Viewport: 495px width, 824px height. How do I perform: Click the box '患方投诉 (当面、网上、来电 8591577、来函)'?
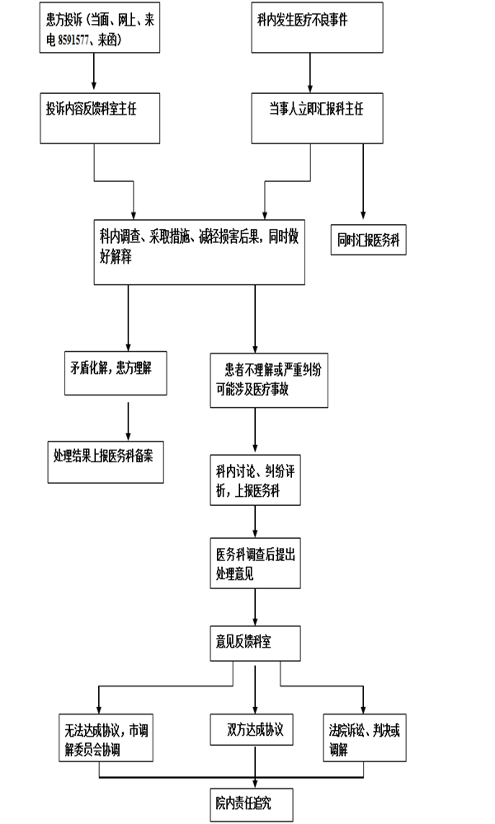[100, 27]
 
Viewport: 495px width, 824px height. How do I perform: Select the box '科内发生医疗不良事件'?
[317, 27]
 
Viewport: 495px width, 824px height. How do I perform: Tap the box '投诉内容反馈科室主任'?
[100, 118]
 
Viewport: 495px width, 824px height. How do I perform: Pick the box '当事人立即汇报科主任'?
[317, 118]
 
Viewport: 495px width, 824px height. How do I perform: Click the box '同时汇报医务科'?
[368, 240]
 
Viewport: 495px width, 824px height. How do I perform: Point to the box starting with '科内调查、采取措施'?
[200, 252]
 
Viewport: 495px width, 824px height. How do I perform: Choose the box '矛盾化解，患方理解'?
[115, 373]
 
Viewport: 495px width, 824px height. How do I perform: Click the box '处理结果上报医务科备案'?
[106, 462]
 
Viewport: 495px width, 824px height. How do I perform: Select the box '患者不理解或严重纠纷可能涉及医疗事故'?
[269, 381]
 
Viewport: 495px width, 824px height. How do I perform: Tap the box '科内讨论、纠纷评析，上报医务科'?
[256, 480]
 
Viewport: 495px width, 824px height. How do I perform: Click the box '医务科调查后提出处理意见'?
[256, 563]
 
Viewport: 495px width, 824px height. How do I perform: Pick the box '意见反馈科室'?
[256, 644]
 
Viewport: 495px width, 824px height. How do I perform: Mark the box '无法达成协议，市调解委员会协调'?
[106, 737]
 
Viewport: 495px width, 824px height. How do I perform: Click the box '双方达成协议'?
[252, 729]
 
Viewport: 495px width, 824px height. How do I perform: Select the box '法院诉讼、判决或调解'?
[365, 737]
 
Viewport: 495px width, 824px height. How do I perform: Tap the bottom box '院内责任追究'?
[252, 804]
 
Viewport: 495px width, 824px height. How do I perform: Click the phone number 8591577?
[73, 40]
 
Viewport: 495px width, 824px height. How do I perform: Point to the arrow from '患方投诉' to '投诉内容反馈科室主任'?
[94, 72]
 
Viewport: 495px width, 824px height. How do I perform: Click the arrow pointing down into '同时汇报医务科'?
[363, 181]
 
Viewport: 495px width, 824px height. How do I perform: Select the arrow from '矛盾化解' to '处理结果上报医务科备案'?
[129, 421]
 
